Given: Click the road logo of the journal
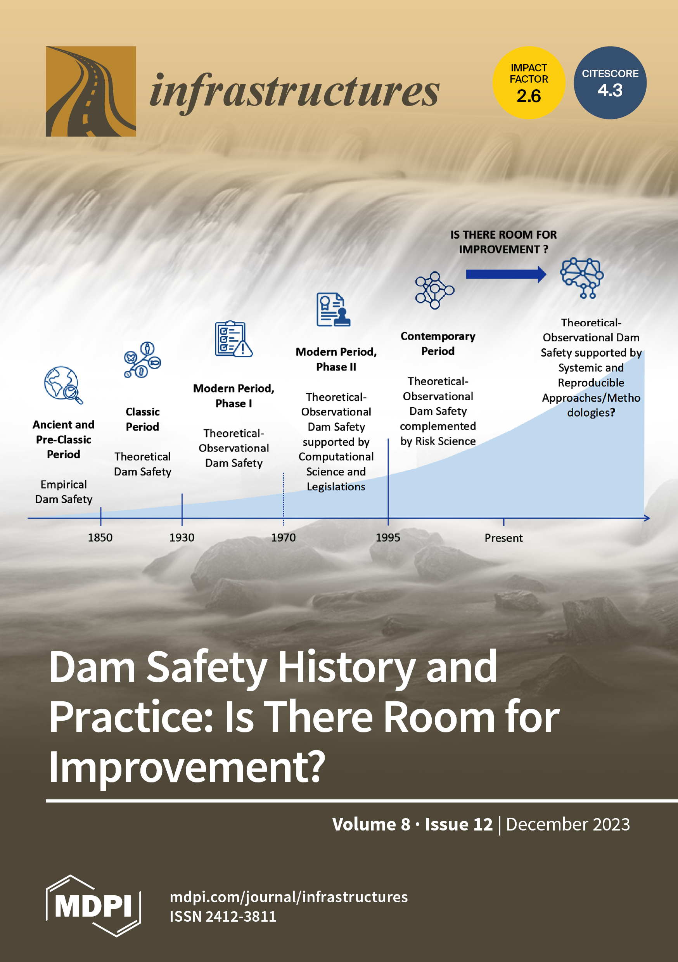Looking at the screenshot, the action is (x=91, y=91).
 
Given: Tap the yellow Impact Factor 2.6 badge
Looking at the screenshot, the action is (x=529, y=83).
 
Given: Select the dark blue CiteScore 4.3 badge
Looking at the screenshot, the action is (x=610, y=83).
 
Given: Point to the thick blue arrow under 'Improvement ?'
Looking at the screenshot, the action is (x=506, y=274).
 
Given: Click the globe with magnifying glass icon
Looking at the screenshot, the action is (x=63, y=385).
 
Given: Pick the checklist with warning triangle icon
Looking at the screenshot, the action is (x=233, y=339).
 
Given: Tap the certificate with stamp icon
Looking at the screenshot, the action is (x=334, y=309).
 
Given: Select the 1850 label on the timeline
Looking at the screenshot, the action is (x=100, y=538).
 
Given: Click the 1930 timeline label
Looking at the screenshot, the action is (x=182, y=538).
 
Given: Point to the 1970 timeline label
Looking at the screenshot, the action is (x=283, y=538).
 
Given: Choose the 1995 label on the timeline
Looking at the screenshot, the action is (x=388, y=538).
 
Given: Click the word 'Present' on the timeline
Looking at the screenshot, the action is (x=504, y=538).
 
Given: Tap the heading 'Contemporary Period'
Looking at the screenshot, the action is (x=438, y=344).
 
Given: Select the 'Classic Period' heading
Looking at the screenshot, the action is (x=142, y=419).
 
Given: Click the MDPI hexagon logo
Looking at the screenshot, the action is (x=93, y=906).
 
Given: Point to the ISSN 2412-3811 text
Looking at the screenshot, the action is (x=223, y=916).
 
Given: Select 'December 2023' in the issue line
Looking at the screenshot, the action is (x=568, y=824).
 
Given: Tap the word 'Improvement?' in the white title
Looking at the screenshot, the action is (x=187, y=766).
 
